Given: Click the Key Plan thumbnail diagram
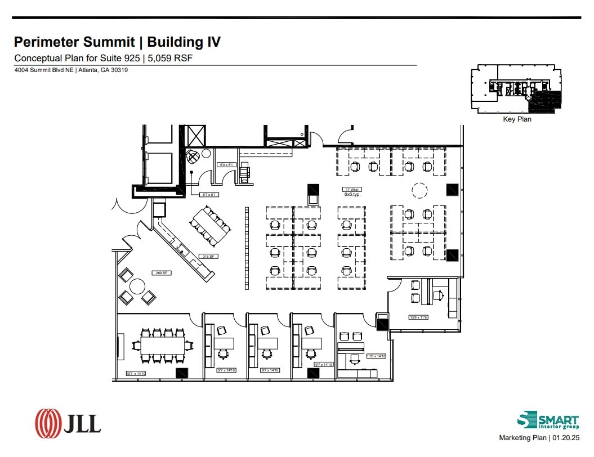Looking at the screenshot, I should (517, 89).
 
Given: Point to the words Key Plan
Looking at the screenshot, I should (517, 119).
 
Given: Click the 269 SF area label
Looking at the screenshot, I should (159, 273).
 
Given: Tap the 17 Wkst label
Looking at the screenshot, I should (352, 189).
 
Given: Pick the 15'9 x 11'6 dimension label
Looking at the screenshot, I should (418, 317).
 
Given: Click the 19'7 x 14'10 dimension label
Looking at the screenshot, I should (136, 373).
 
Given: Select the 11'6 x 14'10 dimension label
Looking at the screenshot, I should (376, 356).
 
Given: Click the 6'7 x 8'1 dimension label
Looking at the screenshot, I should (209, 195).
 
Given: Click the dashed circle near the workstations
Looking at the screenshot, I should (419, 191).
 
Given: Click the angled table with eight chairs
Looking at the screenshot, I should (211, 225).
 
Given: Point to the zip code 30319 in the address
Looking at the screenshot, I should (118, 70).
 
